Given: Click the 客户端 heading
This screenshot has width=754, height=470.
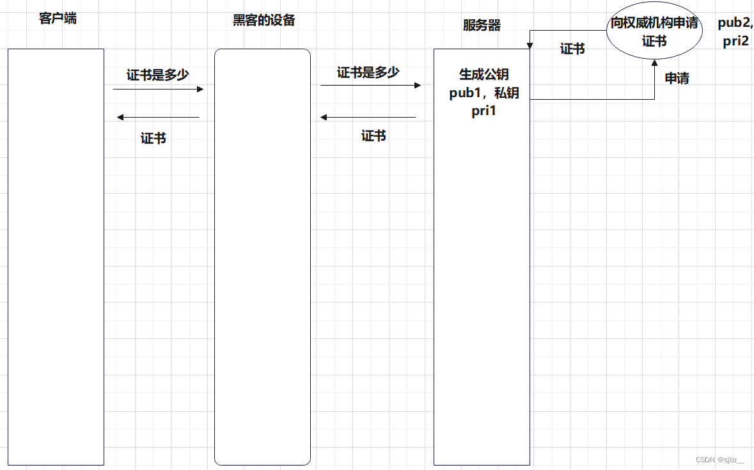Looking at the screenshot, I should click(x=58, y=18).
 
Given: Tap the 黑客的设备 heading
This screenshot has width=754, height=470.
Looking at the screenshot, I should click(x=263, y=20).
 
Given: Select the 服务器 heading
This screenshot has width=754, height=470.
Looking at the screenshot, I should click(x=482, y=26).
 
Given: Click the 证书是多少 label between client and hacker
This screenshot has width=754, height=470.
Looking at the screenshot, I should click(x=157, y=75).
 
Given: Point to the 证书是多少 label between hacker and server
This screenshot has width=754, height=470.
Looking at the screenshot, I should click(x=368, y=72).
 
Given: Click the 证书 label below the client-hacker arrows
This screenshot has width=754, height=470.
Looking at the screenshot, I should click(x=153, y=138).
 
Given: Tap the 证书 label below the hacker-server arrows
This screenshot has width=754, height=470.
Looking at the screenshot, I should click(x=373, y=136).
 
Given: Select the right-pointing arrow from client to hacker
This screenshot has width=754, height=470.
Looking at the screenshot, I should click(x=158, y=89).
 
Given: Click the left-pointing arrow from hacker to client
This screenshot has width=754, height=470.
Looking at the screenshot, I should click(x=158, y=117).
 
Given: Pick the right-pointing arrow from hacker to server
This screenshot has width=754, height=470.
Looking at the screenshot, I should click(x=371, y=85).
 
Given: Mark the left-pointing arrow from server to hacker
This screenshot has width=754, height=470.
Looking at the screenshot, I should click(x=368, y=117).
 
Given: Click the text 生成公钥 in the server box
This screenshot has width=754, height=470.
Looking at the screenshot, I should click(x=484, y=75).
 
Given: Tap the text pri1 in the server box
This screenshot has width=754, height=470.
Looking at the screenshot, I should click(x=484, y=111).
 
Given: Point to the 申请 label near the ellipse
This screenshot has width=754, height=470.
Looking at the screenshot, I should click(x=677, y=78).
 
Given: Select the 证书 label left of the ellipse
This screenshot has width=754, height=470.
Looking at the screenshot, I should click(x=572, y=49).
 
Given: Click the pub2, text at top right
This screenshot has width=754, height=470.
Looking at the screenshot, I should click(x=735, y=24).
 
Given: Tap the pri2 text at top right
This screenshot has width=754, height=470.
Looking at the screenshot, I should click(x=735, y=42).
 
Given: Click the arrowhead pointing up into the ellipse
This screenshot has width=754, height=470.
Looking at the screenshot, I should click(x=654, y=63).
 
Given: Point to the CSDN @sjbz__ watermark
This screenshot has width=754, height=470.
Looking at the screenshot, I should click(x=719, y=460).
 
